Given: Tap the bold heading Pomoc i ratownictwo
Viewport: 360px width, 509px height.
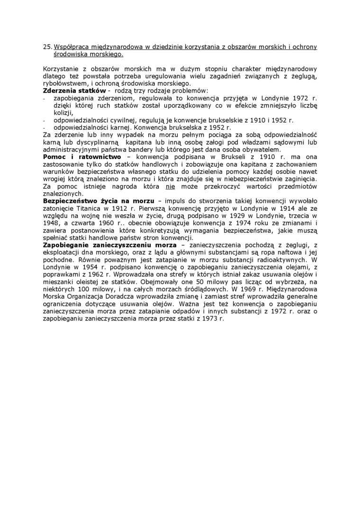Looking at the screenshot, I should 81,156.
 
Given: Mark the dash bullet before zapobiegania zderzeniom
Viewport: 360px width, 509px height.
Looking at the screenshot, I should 44,98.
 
